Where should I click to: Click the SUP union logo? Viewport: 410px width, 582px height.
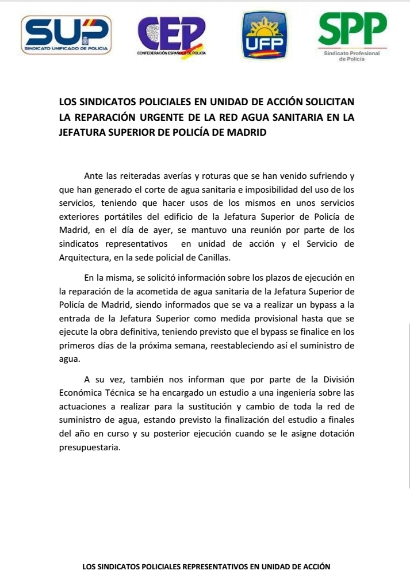click(66, 35)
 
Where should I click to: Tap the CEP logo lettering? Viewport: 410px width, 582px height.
click(172, 33)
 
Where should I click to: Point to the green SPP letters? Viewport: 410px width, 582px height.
click(352, 29)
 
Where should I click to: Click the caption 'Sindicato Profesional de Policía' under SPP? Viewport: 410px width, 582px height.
click(352, 56)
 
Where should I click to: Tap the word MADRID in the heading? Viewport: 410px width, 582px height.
click(247, 132)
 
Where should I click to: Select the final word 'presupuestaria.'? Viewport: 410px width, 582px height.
click(90, 448)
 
